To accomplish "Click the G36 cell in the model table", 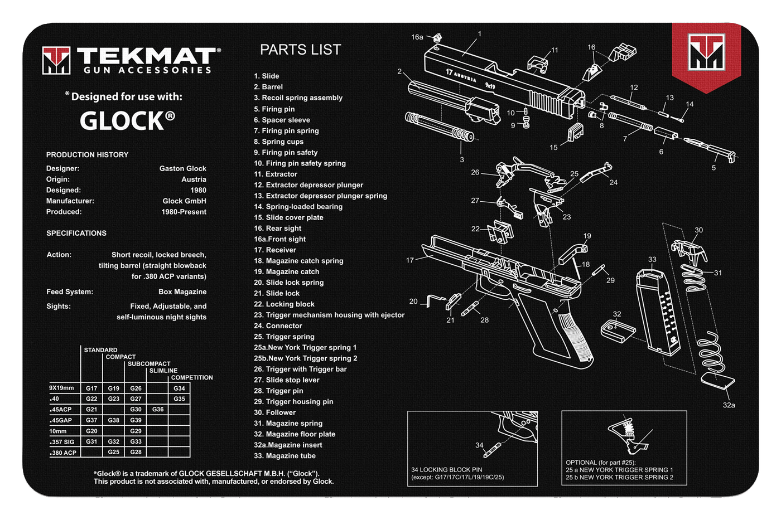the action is tap(157, 410).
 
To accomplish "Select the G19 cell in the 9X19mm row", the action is tap(114, 388).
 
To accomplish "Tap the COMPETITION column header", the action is tap(192, 378).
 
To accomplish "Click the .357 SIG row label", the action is tap(62, 442).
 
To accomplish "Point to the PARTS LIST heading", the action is tap(301, 50).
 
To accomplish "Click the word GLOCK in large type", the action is tap(122, 121).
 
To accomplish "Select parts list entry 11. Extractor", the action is tap(276, 174).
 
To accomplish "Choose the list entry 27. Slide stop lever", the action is tap(287, 380).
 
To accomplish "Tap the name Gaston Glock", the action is tap(183, 168).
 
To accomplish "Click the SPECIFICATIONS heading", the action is tap(76, 234).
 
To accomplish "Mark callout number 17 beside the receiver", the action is tap(409, 260).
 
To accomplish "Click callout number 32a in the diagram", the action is tap(729, 405).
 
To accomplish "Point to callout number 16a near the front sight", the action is tap(417, 37).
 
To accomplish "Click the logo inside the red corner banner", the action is tap(706, 52).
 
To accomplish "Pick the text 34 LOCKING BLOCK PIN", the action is tap(447, 469).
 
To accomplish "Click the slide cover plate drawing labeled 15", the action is tap(575, 132).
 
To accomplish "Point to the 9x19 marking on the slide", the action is tap(490, 85).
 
